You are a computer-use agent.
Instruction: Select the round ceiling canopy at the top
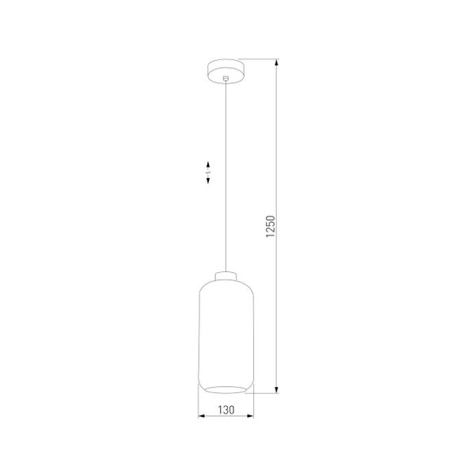coord(225,70)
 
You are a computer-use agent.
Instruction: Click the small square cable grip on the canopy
coord(225,78)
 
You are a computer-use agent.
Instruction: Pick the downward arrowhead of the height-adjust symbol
coord(207,182)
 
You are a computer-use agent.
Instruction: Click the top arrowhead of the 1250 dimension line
coord(276,63)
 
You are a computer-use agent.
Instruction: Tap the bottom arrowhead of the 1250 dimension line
coord(276,389)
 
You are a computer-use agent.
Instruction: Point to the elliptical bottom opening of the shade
coord(225,386)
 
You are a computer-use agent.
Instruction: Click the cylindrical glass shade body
coord(225,332)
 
